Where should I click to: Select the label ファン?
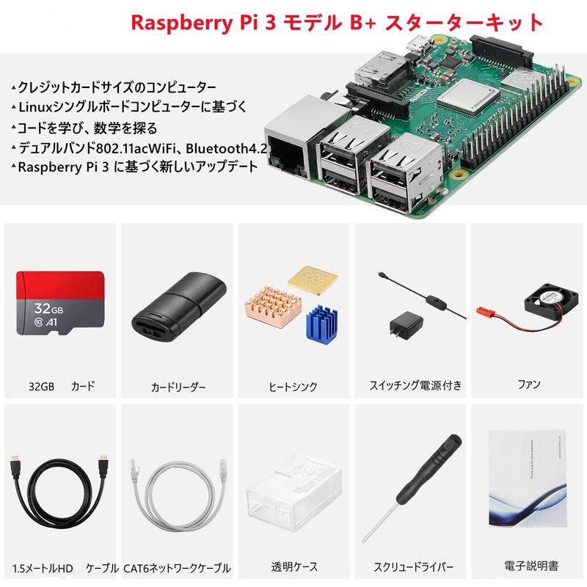(x=528, y=384)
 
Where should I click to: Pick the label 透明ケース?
(x=294, y=566)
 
